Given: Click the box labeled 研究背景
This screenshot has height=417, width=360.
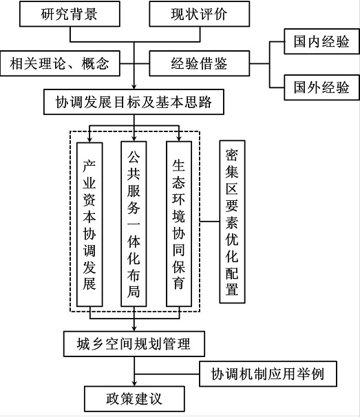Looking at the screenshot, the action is (x=70, y=14).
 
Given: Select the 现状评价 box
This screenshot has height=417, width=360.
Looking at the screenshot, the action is (x=200, y=14).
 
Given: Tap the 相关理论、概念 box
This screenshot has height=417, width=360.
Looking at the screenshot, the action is (x=60, y=63).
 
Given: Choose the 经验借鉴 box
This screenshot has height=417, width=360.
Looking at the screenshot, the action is (x=200, y=63).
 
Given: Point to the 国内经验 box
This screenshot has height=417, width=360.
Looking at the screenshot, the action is (x=321, y=41).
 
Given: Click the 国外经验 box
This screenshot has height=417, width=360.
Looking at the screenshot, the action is (x=321, y=87).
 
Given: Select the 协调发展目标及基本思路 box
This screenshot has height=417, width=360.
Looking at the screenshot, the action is (x=134, y=102).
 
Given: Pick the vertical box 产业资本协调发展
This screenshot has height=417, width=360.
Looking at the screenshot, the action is (x=89, y=224).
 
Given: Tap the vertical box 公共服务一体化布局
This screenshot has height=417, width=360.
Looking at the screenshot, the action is (x=134, y=224).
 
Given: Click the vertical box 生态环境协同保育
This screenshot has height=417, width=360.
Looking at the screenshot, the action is (x=179, y=224).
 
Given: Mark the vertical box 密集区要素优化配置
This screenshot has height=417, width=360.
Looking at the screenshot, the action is (x=232, y=222).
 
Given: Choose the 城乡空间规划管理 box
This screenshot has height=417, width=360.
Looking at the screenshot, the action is (x=134, y=344).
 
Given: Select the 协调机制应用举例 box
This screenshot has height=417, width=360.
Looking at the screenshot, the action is (x=268, y=374).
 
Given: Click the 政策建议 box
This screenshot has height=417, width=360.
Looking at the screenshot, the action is (x=134, y=399).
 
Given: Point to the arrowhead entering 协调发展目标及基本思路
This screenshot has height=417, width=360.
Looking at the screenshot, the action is (x=134, y=87).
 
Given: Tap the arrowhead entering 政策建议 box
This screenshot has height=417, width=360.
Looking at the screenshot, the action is (x=134, y=383).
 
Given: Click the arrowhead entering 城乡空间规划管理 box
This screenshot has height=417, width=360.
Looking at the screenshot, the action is (x=134, y=328).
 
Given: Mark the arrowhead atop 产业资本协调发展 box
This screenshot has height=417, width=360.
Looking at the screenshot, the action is (x=89, y=140).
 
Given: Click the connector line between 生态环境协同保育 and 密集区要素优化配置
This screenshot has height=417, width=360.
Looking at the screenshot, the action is (x=210, y=222).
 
